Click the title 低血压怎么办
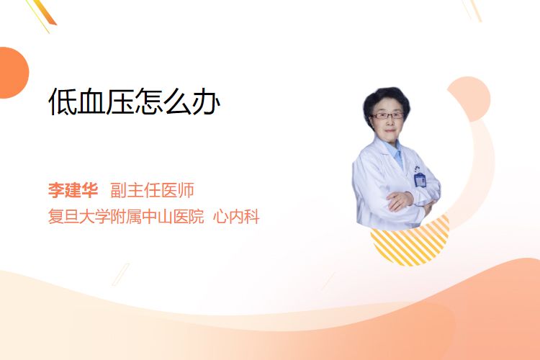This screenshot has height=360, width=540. [135, 102]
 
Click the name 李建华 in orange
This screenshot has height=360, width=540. [73, 190]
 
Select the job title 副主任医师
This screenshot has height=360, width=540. [152, 190]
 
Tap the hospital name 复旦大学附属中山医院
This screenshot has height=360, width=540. [126, 216]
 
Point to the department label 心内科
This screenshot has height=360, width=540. [236, 216]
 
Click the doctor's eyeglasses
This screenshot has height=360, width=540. [387, 115]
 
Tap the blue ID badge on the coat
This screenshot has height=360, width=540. [420, 179]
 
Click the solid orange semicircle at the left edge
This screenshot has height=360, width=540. [13, 73]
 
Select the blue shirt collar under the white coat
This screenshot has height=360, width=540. [395, 152]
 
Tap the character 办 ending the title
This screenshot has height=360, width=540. [207, 102]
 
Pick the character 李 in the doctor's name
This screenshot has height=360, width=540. [56, 190]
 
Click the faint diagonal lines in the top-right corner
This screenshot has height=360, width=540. [472, 9]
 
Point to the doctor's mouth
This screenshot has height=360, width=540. [390, 130]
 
